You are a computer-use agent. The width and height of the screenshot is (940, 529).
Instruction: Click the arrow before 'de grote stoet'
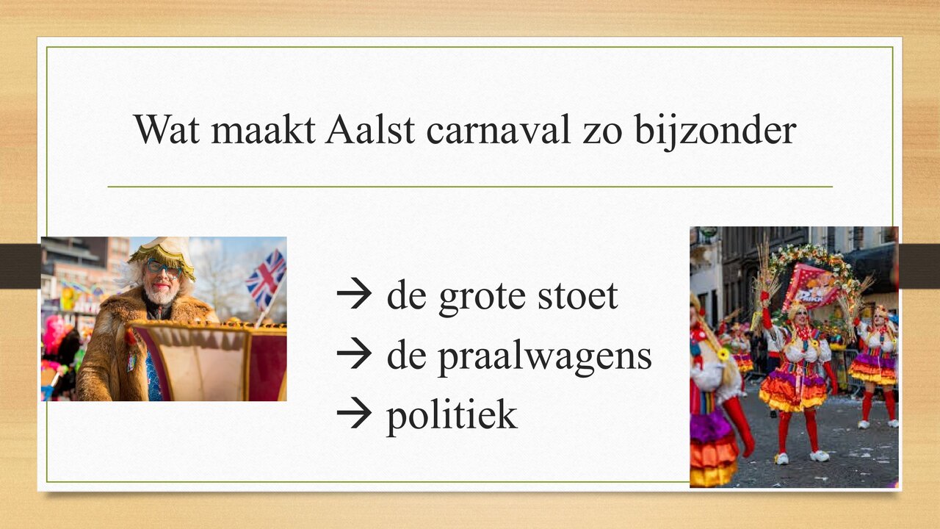pos(355,295)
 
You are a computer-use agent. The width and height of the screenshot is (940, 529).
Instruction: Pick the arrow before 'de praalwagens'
pos(355,356)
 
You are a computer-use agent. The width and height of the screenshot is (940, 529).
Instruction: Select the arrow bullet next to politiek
pos(355,415)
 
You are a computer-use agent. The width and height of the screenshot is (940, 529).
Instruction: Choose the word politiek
pos(452,415)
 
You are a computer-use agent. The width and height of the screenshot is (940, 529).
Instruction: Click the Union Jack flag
pos(265,278)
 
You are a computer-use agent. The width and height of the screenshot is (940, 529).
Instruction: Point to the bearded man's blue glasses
pos(163,268)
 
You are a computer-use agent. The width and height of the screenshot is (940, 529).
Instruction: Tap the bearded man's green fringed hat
pos(163,253)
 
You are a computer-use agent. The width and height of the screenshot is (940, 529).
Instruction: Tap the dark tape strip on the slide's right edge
pos(919,265)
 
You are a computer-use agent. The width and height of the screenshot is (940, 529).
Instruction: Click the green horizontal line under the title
pos(470,187)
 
